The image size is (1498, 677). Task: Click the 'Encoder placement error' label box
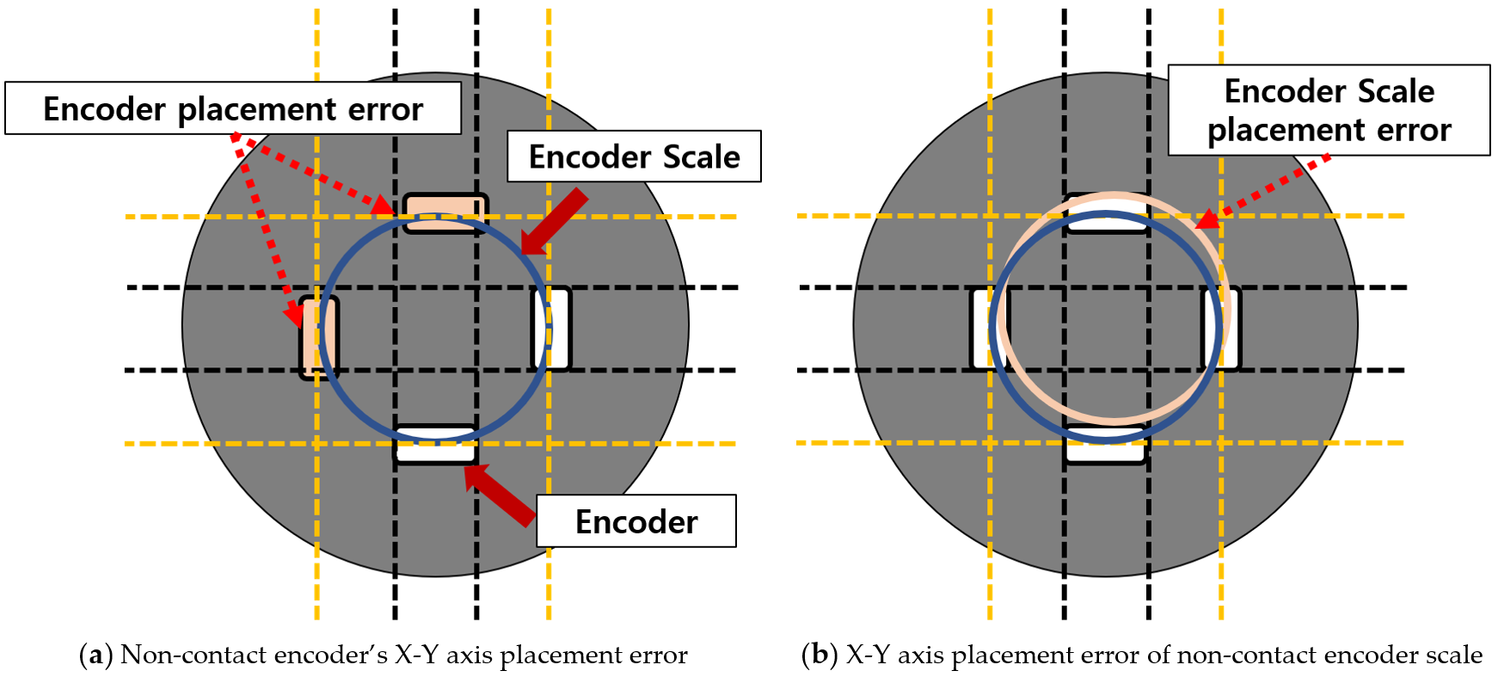[232, 108]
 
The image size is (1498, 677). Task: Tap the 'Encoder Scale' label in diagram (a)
[634, 157]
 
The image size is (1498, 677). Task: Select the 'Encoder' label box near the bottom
[635, 521]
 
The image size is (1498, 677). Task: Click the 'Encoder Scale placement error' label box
[1328, 110]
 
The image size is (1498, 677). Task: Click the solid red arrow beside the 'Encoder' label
[501, 494]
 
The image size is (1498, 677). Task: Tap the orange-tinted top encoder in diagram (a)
[445, 212]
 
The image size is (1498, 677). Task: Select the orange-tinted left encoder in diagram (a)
[318, 336]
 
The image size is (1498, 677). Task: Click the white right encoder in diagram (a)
[553, 329]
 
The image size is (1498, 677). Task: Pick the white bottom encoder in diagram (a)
[435, 446]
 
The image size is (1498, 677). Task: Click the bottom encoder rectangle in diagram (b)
[1105, 447]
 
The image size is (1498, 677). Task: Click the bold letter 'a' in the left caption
[95, 655]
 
